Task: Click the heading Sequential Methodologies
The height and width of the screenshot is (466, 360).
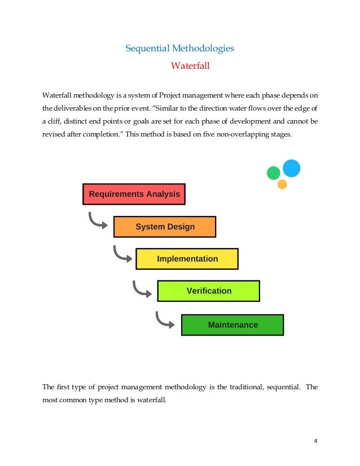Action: tap(179, 49)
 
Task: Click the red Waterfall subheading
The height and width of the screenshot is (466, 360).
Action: tap(190, 66)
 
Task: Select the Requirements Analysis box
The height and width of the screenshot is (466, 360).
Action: tap(134, 194)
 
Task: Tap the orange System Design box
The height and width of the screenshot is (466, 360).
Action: tap(165, 226)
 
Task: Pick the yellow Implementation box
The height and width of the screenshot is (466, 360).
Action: tap(187, 259)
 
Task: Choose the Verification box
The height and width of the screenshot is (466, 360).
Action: tap(208, 291)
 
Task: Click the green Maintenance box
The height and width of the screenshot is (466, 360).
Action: tap(232, 324)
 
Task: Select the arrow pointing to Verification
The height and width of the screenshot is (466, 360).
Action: tap(142, 288)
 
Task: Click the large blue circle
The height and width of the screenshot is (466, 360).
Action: tap(291, 168)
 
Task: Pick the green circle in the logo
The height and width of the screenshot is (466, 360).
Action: tap(274, 173)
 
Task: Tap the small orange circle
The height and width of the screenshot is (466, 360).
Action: tap(282, 184)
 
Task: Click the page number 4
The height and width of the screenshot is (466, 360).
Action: tap(316, 441)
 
